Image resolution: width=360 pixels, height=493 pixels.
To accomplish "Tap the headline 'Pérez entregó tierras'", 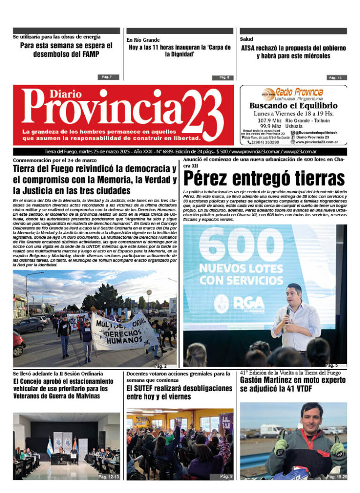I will [x=264, y=179].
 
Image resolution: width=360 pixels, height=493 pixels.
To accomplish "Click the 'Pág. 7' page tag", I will [x=105, y=77].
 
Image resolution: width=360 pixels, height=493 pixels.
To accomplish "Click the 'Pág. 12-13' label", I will [x=108, y=477].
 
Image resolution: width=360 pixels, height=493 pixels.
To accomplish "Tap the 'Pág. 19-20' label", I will [x=337, y=477].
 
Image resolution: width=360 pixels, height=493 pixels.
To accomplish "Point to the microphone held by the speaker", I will [x=287, y=312].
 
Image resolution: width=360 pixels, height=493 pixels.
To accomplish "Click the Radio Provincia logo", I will [x=293, y=93].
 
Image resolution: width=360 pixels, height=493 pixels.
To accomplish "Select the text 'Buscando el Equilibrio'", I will [x=293, y=106].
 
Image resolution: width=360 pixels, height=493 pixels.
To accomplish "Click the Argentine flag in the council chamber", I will [x=50, y=447].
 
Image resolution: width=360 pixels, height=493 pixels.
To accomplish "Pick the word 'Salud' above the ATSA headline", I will [x=247, y=39].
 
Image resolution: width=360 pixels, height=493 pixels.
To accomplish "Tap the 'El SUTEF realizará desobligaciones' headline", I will [x=180, y=392].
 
